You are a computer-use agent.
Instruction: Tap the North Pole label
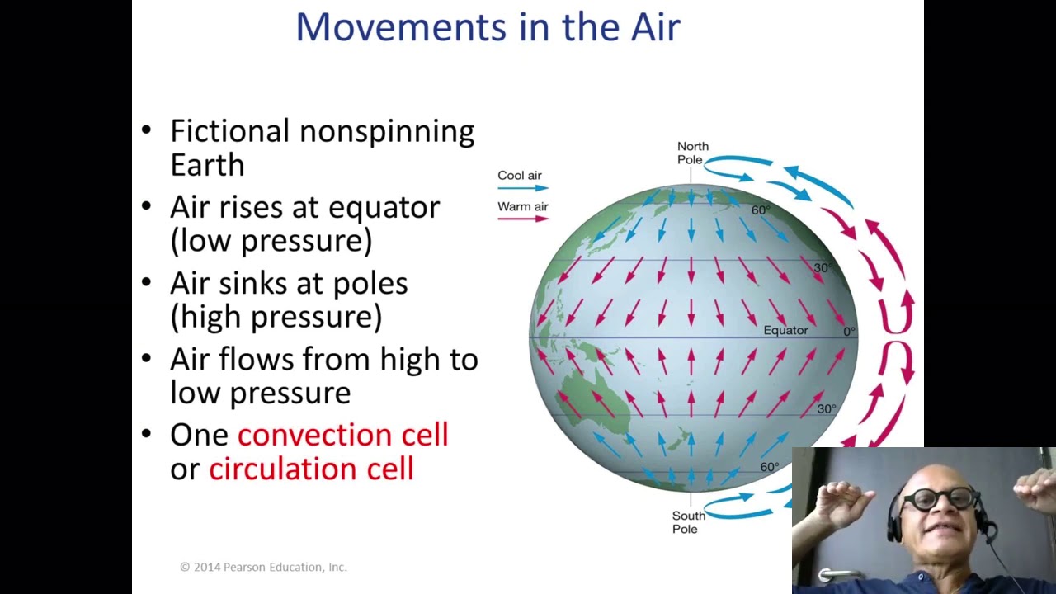point(692,153)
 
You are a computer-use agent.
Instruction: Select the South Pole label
point(687,522)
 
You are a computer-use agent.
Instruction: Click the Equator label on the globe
point(785,330)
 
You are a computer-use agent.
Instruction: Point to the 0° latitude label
point(849,331)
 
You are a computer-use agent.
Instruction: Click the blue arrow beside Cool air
point(523,188)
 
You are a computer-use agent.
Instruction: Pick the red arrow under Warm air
point(523,219)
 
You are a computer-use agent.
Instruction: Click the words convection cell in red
point(342,435)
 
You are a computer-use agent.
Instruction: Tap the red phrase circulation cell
point(311,469)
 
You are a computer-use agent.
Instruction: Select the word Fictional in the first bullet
point(230,131)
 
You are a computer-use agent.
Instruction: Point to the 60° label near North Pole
point(761,210)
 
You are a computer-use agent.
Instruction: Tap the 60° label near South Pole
point(769,467)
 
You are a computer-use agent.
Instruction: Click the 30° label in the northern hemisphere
point(823,268)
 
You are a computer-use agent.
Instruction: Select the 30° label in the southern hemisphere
point(826,408)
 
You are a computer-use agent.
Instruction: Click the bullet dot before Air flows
point(147,358)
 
